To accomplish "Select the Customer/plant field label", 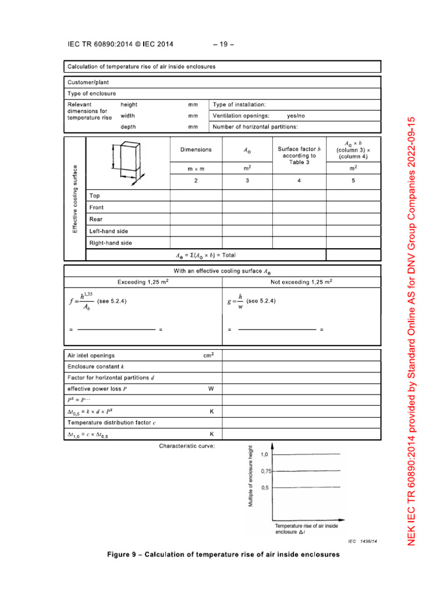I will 88,83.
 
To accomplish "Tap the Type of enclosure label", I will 92,93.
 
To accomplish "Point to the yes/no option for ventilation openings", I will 296,116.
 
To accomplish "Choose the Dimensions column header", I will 196,150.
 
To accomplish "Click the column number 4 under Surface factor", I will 299,181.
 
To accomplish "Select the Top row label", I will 94,196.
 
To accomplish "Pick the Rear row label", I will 96,219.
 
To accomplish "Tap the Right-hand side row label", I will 111,243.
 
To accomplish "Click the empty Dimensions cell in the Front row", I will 196,207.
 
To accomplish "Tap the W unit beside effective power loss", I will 211,389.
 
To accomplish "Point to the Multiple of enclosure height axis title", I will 251,476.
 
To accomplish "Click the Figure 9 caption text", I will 223,554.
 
